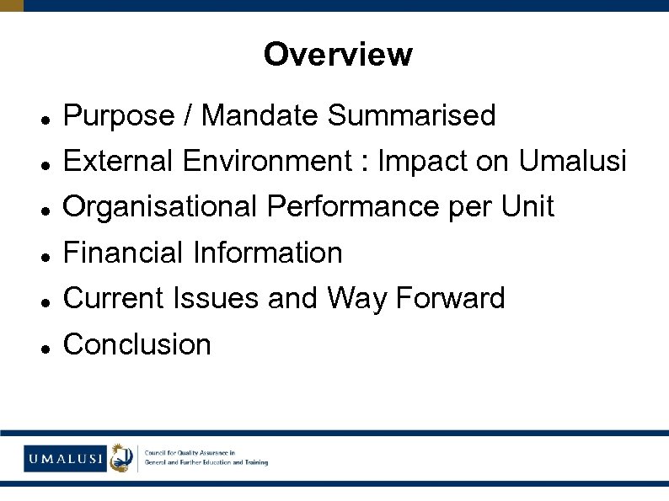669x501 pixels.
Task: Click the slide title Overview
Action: pyautogui.click(x=338, y=55)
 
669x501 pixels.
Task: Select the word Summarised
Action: pyautogui.click(x=412, y=115)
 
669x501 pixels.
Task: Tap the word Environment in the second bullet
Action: pyautogui.click(x=269, y=161)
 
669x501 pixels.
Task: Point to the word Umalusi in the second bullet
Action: pyautogui.click(x=573, y=161)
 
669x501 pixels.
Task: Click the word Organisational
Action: pyautogui.click(x=160, y=206)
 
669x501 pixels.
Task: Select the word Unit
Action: pyautogui.click(x=527, y=206)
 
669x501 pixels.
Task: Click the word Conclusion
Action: pyautogui.click(x=137, y=344)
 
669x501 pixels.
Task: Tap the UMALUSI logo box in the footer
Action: pyautogui.click(x=65, y=459)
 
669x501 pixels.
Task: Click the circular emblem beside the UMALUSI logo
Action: pyautogui.click(x=122, y=458)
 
